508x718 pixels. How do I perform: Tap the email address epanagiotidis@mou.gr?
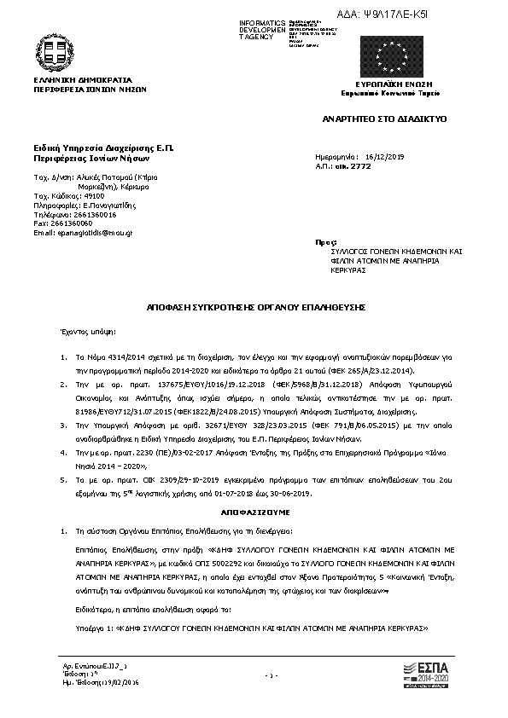pos(84,232)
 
